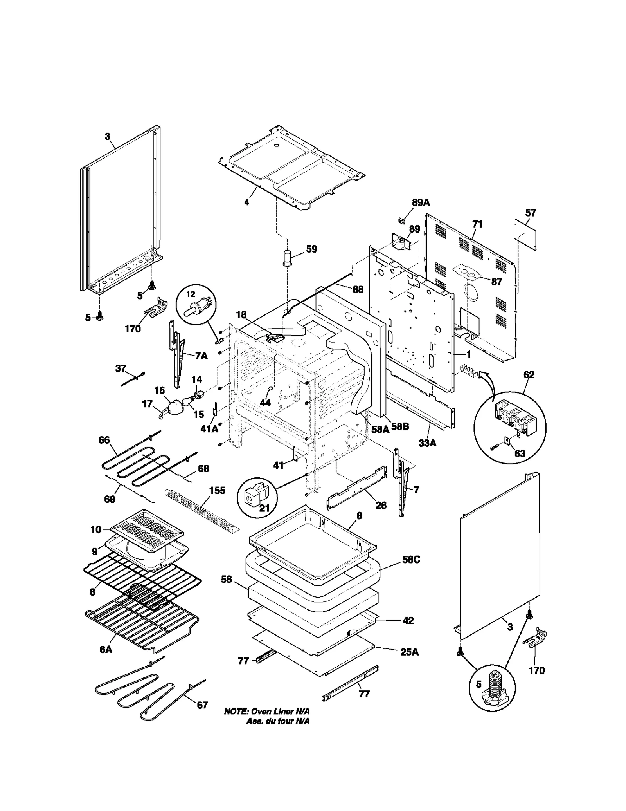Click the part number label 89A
pyautogui.click(x=421, y=202)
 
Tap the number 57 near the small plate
pyautogui.click(x=531, y=213)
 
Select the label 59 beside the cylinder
pyautogui.click(x=311, y=249)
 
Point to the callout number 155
pyautogui.click(x=217, y=491)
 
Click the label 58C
pyautogui.click(x=411, y=560)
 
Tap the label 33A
pyautogui.click(x=427, y=443)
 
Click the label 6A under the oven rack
pyautogui.click(x=106, y=649)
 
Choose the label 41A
pyautogui.click(x=209, y=429)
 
